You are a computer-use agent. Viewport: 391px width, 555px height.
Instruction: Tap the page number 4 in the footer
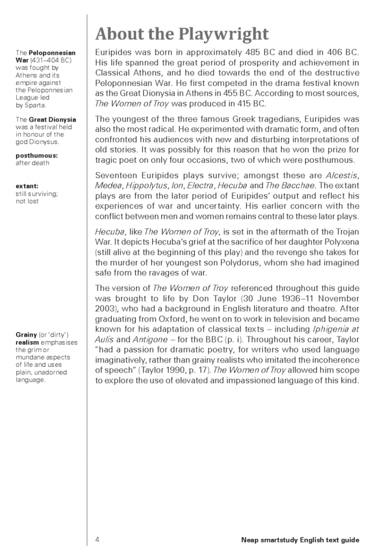pos(97,540)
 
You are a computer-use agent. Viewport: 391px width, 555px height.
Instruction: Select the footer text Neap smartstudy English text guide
pos(300,540)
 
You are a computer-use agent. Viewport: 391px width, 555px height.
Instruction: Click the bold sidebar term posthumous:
pos(35,155)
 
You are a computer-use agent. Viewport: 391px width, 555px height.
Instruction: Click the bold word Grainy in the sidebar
pos(26,334)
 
